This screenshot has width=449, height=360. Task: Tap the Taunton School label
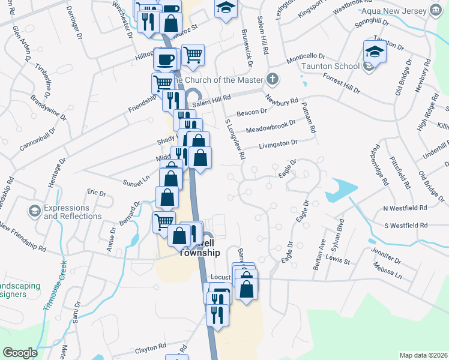click(331, 68)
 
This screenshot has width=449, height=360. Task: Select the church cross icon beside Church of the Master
click(273, 79)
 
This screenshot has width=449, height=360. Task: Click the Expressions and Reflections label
click(73, 211)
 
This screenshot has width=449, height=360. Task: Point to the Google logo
click(19, 353)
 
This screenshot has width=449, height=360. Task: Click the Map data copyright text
click(424, 355)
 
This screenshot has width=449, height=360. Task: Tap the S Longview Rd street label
click(235, 139)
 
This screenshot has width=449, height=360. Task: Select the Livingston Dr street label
click(278, 144)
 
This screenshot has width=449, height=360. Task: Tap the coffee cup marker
click(166, 59)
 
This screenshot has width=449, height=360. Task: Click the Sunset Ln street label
click(136, 178)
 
